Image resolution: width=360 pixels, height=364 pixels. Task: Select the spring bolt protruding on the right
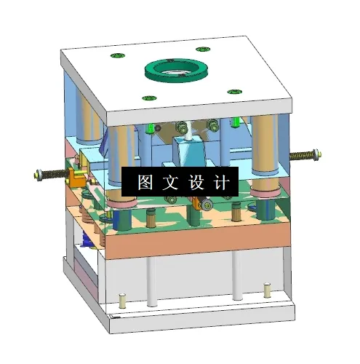305,155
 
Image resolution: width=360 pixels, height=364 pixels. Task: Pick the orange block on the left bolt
74,175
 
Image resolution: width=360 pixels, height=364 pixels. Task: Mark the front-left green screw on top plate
148,98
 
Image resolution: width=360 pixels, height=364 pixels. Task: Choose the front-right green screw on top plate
233,91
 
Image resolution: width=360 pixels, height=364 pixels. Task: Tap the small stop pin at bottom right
267,292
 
